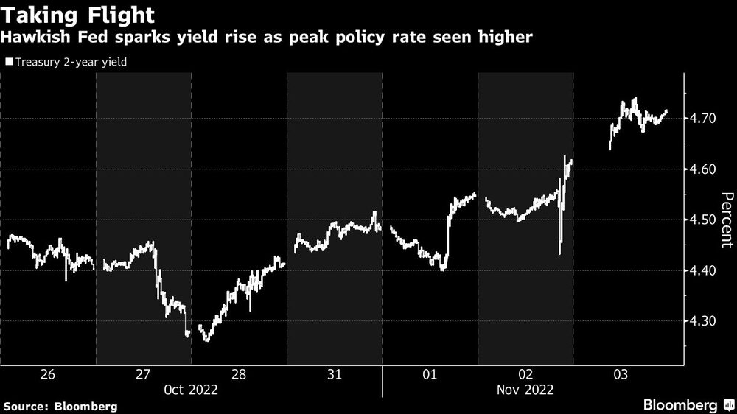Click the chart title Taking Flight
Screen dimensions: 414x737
77,15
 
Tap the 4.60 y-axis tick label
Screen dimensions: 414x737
708,169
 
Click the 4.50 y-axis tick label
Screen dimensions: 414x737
708,220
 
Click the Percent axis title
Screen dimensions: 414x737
726,220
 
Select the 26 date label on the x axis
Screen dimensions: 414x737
47,375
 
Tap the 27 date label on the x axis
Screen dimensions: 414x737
143,375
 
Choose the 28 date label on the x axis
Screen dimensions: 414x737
239,375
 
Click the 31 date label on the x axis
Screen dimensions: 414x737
334,375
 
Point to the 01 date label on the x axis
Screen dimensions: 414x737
430,375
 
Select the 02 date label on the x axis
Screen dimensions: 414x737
525,375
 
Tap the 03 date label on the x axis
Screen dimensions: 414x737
621,375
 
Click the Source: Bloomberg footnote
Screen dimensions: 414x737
60,406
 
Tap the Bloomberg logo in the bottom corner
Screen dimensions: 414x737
688,404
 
